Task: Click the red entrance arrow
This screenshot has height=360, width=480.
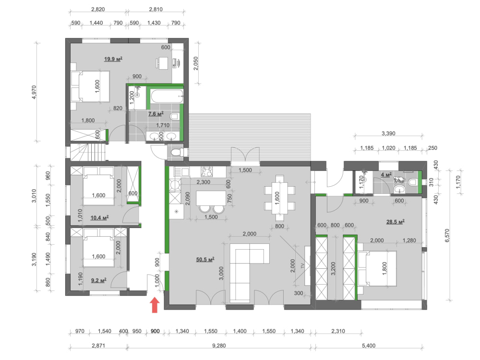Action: tap(155, 305)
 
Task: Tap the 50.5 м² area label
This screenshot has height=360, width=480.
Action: tap(205, 260)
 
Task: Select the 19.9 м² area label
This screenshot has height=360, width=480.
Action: tap(113, 59)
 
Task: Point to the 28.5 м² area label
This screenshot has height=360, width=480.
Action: tap(395, 222)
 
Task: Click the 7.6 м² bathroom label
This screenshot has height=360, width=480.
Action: tap(156, 114)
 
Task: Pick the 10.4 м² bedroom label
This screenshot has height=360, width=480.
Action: tap(99, 218)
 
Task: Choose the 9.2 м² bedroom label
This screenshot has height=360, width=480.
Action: tap(98, 280)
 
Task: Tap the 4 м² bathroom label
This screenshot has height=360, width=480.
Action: tap(386, 175)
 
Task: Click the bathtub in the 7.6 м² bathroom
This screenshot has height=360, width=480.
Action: tap(168, 96)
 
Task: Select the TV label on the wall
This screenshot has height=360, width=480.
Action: tap(303, 266)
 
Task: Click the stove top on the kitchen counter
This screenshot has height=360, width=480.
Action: tap(206, 172)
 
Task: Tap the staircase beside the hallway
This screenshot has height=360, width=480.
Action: tap(88, 152)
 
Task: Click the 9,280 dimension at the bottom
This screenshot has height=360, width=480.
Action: tap(219, 346)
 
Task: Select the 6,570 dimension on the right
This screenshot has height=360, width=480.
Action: tap(447, 235)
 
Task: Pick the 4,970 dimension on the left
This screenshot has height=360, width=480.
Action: tap(34, 92)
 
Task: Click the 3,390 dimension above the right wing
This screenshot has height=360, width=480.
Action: tap(388, 133)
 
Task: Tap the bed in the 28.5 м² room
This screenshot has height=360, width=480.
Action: tap(377, 268)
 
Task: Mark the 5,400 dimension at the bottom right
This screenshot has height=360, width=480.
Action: tap(369, 346)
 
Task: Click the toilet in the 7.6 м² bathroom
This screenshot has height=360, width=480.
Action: tap(174, 116)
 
